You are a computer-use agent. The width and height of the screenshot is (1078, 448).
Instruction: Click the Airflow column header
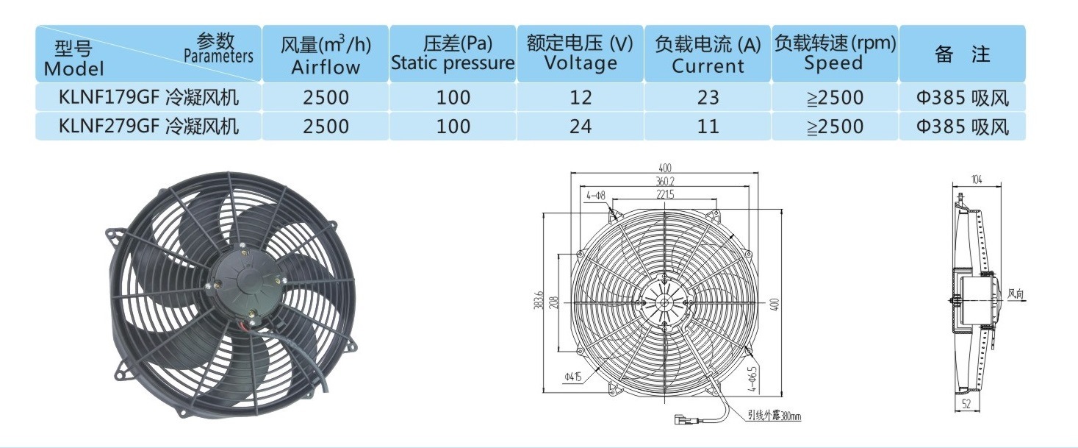pyautogui.click(x=326, y=54)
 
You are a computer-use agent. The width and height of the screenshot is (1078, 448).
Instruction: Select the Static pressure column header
pyautogui.click(x=453, y=54)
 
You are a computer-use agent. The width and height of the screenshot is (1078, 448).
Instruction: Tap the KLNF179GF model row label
pyautogui.click(x=148, y=98)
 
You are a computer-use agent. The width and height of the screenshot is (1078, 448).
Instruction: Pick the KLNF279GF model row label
pyautogui.click(x=148, y=127)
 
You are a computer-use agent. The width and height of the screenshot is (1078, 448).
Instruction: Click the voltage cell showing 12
pyautogui.click(x=581, y=98)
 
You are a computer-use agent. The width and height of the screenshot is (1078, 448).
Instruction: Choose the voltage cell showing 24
pyautogui.click(x=581, y=127)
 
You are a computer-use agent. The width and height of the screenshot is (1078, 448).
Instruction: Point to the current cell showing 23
pyautogui.click(x=708, y=98)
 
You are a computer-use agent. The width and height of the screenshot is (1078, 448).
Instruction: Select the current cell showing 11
pyautogui.click(x=708, y=127)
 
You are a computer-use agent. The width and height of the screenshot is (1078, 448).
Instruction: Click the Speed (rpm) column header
pyautogui.click(x=835, y=54)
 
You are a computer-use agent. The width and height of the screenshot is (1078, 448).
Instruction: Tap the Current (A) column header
pyautogui.click(x=708, y=54)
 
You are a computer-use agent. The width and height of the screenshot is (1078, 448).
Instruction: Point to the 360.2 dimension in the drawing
pyautogui.click(x=665, y=181)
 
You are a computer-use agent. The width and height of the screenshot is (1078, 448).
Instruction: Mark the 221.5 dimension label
pyautogui.click(x=665, y=195)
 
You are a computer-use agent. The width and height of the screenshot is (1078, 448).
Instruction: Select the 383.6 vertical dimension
pyautogui.click(x=539, y=299)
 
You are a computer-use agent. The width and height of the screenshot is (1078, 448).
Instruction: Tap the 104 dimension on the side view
pyautogui.click(x=977, y=179)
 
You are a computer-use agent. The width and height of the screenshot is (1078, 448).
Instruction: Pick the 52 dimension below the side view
pyautogui.click(x=966, y=404)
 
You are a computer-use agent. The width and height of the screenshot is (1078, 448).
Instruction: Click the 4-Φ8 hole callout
pyautogui.click(x=596, y=195)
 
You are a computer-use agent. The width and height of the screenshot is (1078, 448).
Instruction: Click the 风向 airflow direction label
pyautogui.click(x=1016, y=294)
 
